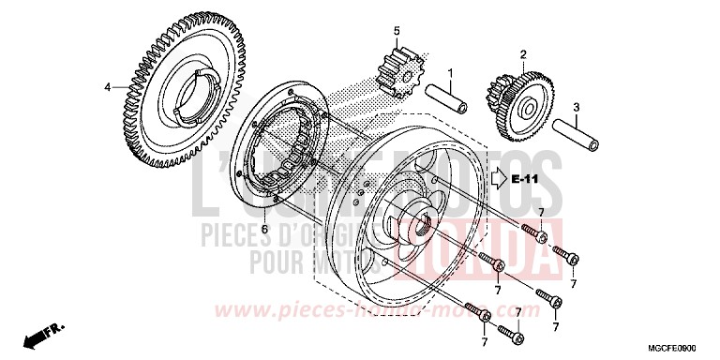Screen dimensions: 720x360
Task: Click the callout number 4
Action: (109, 87)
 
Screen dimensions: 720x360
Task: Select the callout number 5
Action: (397, 31)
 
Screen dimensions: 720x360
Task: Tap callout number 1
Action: (450, 72)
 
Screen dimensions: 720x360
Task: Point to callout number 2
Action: (523, 53)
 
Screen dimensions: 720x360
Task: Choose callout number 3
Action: (577, 106)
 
